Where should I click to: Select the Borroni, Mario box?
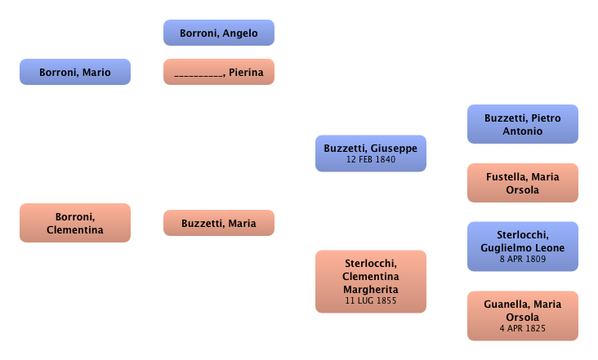pos(75,73)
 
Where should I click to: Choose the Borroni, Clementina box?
pos(75,223)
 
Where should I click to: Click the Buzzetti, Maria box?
pos(219,223)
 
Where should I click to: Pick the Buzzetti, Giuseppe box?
pos(371,148)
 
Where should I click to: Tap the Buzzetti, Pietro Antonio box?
pos(523,124)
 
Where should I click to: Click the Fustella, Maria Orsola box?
pos(523,183)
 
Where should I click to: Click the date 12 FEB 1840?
pos(371,159)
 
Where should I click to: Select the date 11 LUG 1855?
pos(371,301)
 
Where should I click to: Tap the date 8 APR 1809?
pos(523,259)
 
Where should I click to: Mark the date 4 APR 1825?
pos(523,328)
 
